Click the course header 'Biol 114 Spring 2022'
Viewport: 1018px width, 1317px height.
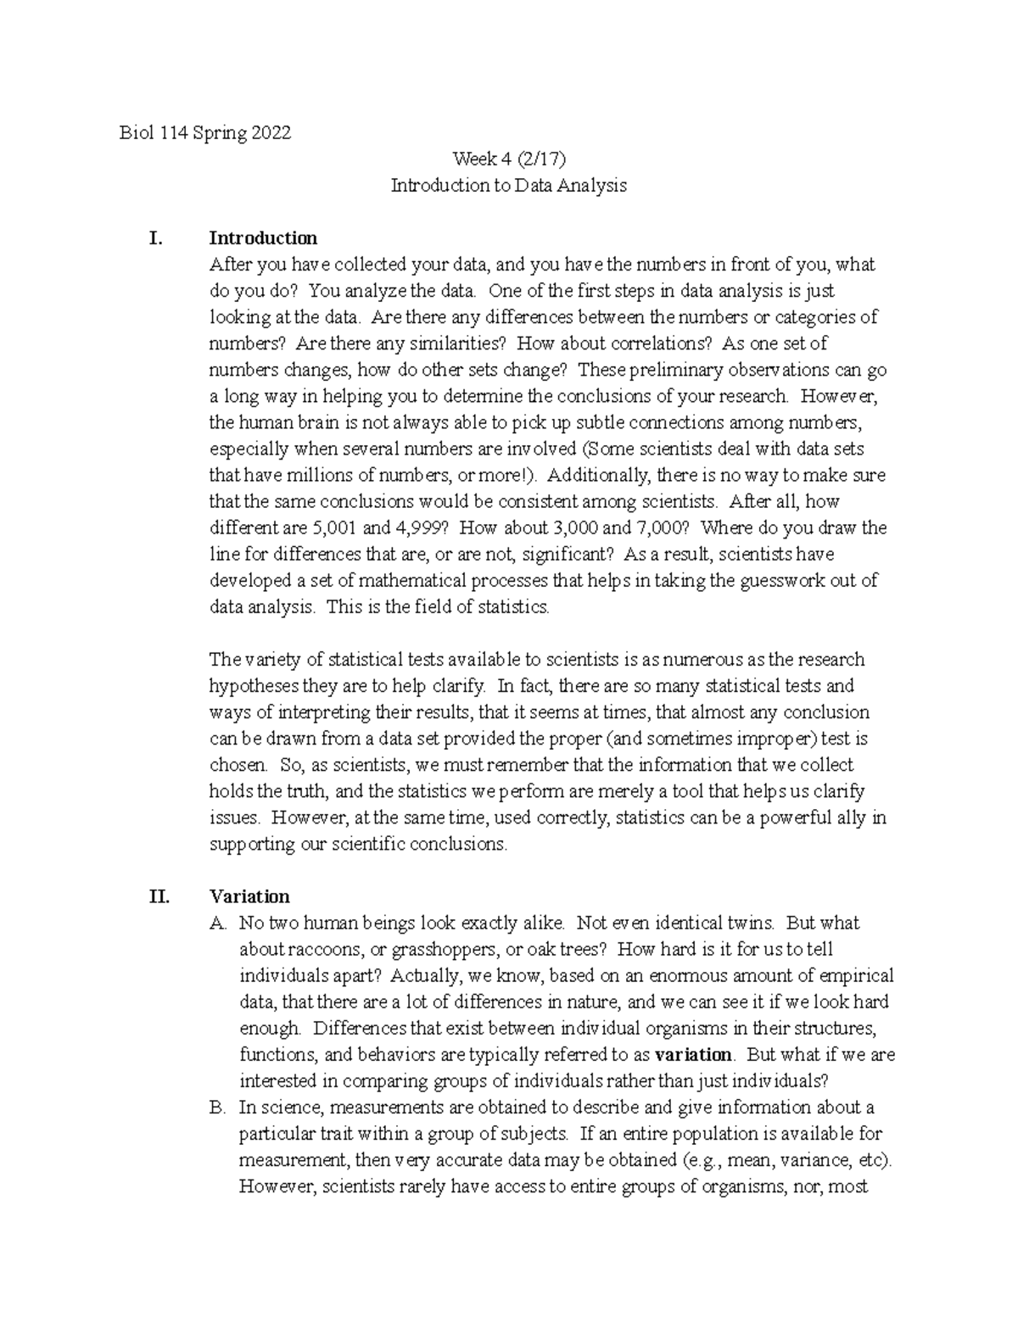point(205,133)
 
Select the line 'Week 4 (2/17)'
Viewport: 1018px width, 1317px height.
point(508,159)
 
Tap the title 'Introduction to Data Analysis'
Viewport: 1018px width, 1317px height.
point(508,186)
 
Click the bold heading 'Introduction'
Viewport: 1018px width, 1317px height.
point(263,238)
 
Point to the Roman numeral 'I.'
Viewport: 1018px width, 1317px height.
point(155,238)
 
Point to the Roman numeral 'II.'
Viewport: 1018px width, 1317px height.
point(159,896)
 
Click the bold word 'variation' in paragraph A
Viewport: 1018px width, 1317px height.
point(694,1055)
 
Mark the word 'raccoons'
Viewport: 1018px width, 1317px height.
point(318,950)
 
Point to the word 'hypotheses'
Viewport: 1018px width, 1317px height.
point(250,686)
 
